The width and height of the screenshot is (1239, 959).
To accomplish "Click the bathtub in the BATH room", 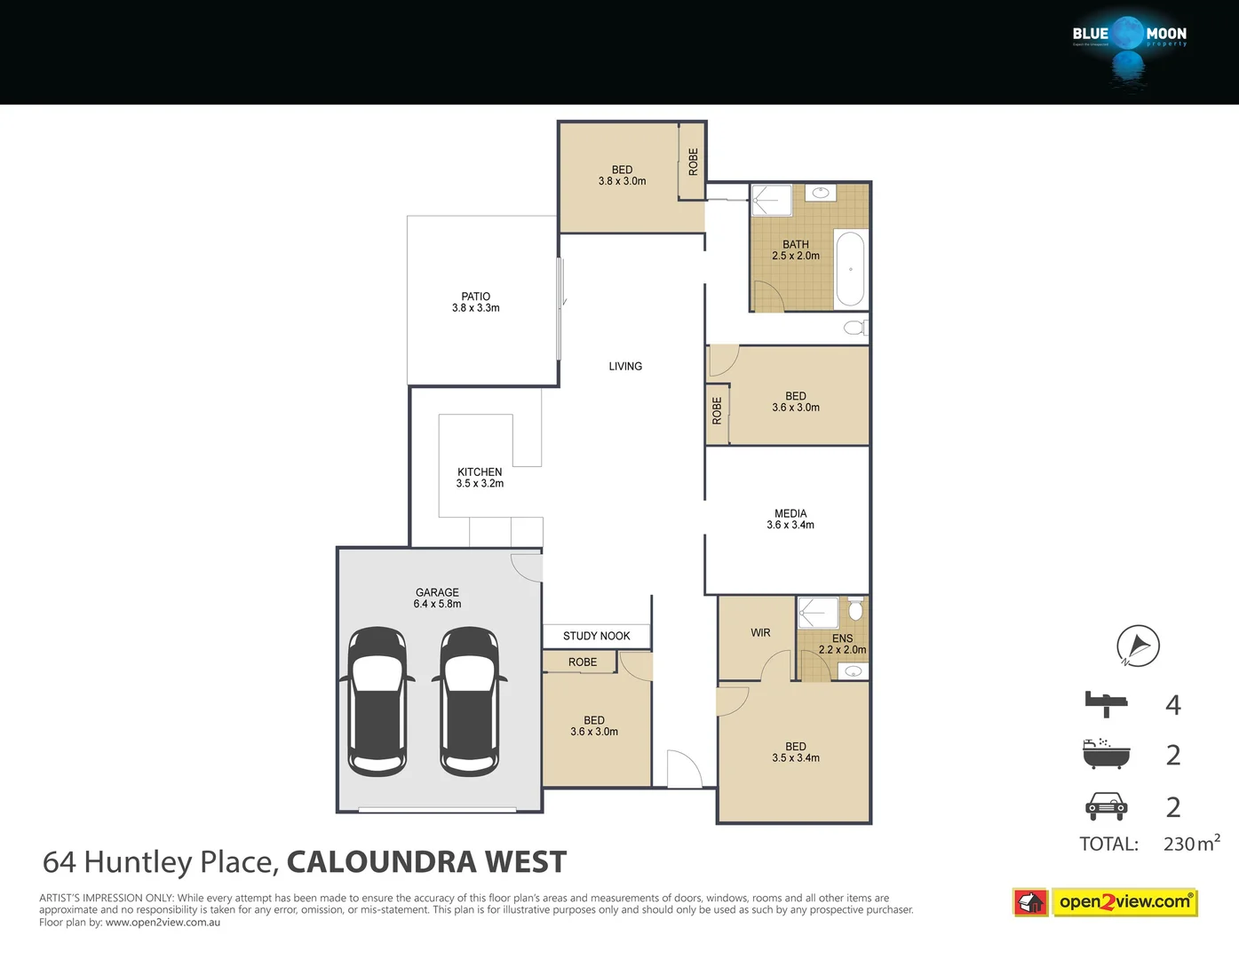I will pyautogui.click(x=850, y=269).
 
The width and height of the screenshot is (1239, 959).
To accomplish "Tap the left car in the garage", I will pyautogui.click(x=377, y=701).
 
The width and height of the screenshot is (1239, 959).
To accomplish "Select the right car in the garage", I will pyautogui.click(x=470, y=701).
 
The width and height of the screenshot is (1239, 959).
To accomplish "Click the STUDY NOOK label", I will pyautogui.click(x=596, y=636).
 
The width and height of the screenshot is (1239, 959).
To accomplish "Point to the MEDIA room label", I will pyautogui.click(x=790, y=514).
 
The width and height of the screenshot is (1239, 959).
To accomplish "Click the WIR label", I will pyautogui.click(x=760, y=633).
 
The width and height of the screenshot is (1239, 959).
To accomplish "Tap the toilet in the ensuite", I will pyautogui.click(x=855, y=609).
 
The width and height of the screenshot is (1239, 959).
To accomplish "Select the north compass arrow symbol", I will pyautogui.click(x=1138, y=646).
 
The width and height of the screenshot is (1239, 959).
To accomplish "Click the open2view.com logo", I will pyautogui.click(x=1124, y=902).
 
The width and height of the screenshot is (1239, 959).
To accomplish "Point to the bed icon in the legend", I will pyautogui.click(x=1106, y=704).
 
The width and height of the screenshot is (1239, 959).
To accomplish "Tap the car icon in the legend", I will pyautogui.click(x=1106, y=806).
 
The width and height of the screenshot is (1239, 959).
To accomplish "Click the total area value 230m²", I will pyautogui.click(x=1191, y=844).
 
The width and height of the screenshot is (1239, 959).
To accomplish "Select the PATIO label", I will pyautogui.click(x=475, y=297).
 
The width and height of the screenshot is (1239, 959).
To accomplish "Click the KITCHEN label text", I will pyautogui.click(x=480, y=472).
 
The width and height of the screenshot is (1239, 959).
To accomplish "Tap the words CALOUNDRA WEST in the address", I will pyautogui.click(x=426, y=862).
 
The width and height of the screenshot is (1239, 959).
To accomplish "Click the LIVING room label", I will pyautogui.click(x=625, y=367).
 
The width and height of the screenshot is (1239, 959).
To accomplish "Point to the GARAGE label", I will pyautogui.click(x=437, y=592).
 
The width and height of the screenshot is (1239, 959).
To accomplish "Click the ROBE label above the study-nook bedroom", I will pyautogui.click(x=583, y=662).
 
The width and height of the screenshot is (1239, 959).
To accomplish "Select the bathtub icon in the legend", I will pyautogui.click(x=1106, y=754).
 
